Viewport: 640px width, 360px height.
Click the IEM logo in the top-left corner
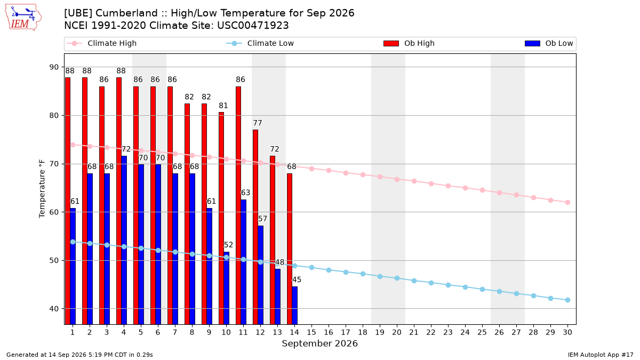pos(23,18)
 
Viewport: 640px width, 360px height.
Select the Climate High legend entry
pos(102,43)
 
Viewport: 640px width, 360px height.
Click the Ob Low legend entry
pos(549,43)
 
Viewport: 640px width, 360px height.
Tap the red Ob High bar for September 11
pos(238,205)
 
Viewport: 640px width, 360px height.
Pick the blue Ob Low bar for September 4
pos(124,240)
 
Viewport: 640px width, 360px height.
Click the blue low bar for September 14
pos(294,306)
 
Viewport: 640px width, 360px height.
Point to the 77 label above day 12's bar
pos(258,123)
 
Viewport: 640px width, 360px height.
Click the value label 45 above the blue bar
pos(297,279)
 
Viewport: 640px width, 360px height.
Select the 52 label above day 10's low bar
pos(228,245)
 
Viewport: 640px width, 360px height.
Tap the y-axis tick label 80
pos(54,115)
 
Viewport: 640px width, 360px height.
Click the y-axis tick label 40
pos(54,309)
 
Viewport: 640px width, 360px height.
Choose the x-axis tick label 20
pos(397,332)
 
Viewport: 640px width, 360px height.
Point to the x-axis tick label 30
pos(567,332)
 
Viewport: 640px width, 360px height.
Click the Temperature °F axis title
pos(42,189)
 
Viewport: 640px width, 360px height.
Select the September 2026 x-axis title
pos(319,343)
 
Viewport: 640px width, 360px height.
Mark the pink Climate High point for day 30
pos(567,202)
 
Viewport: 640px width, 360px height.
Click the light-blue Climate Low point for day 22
pos(431,283)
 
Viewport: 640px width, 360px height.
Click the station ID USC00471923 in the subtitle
pos(253,26)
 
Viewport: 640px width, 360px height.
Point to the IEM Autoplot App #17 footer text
pos(601,355)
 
